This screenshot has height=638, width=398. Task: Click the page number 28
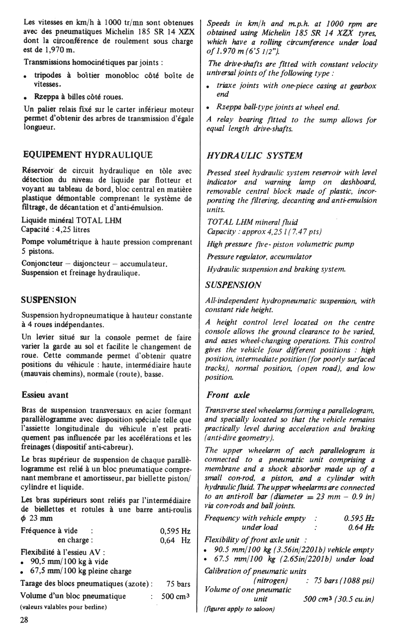point(24,621)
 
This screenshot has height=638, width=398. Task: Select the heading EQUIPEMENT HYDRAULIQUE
point(88,154)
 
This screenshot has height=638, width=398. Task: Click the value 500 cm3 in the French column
point(176,596)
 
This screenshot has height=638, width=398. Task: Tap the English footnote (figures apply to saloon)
point(240,609)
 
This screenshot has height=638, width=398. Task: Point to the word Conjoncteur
point(43,263)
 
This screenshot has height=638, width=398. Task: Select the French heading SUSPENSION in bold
point(49,300)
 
